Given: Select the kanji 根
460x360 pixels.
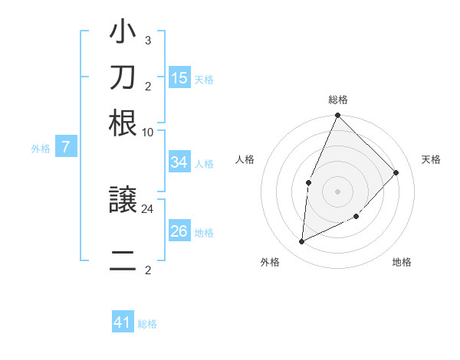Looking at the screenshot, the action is (x=123, y=123).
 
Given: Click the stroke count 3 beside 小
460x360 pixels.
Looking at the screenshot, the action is (x=147, y=41).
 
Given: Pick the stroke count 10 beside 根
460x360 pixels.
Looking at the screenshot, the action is (x=147, y=132).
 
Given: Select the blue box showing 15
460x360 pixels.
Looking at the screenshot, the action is (x=179, y=78).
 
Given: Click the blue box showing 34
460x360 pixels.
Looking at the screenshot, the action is (x=179, y=162).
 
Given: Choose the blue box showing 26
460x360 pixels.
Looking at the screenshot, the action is (x=179, y=231).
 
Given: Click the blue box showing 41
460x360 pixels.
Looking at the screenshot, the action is (x=123, y=323).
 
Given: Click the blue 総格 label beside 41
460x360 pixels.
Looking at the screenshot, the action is (x=147, y=324).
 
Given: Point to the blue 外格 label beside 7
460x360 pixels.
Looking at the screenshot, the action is (x=41, y=149).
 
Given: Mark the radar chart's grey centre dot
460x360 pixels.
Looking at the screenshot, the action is (x=337, y=191).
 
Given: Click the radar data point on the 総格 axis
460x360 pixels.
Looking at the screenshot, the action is (x=337, y=116).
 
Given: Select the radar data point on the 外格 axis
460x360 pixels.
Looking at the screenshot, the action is (x=302, y=242).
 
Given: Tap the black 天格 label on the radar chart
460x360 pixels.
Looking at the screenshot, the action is (x=431, y=159).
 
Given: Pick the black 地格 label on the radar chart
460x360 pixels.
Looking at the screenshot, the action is (x=402, y=263).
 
